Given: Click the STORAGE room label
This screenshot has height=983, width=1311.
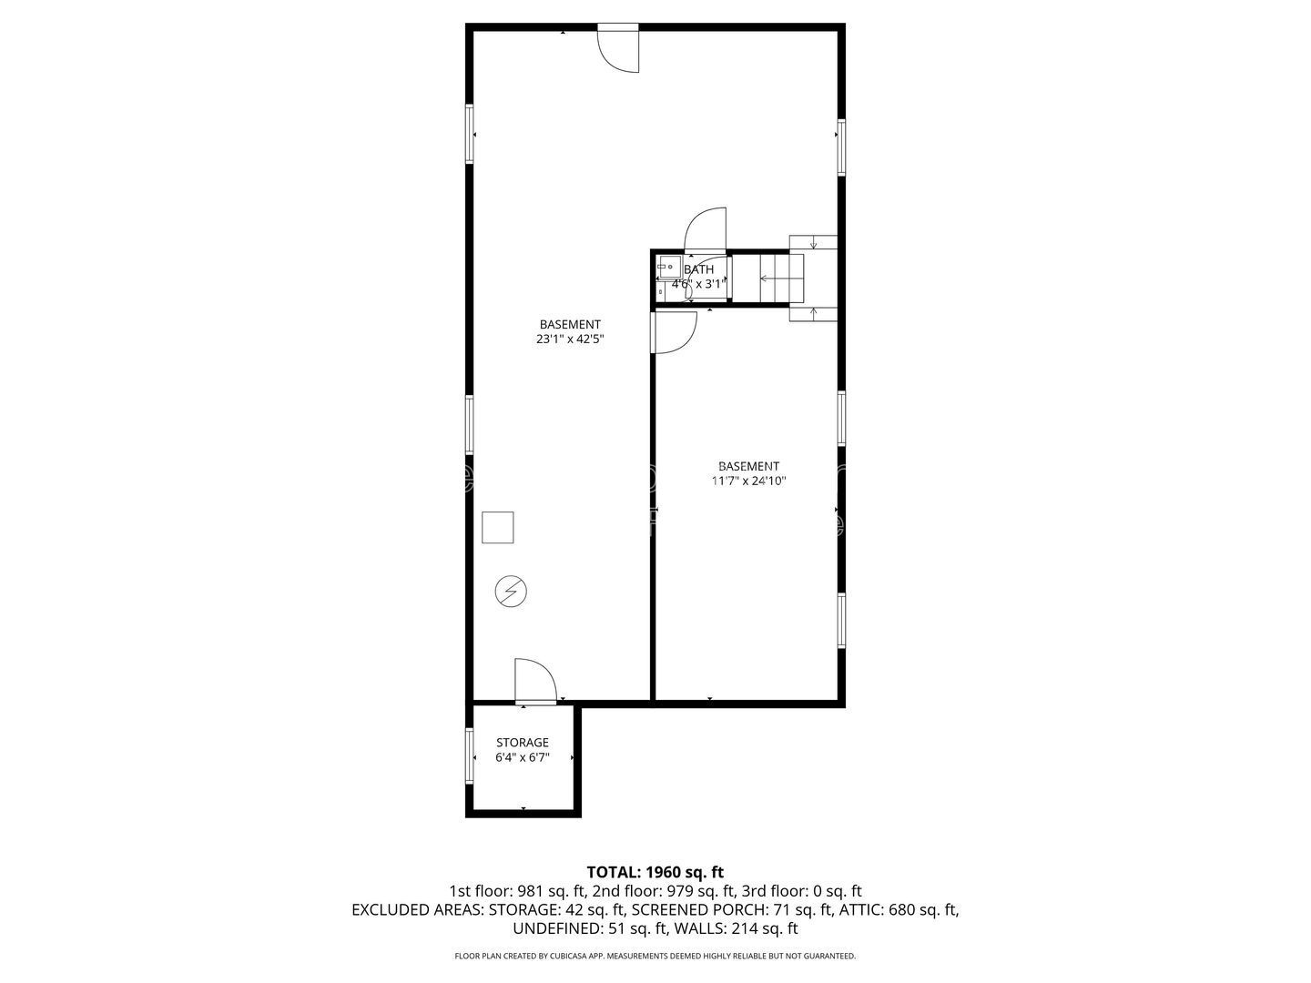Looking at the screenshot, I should pyautogui.click(x=522, y=743).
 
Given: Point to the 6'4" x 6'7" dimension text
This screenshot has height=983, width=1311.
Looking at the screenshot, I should pyautogui.click(x=522, y=758).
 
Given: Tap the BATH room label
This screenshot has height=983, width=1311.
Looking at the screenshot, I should pyautogui.click(x=698, y=269).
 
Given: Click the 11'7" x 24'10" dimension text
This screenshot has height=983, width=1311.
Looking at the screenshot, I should pyautogui.click(x=748, y=481).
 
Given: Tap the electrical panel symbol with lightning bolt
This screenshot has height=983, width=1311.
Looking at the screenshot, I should pyautogui.click(x=510, y=592).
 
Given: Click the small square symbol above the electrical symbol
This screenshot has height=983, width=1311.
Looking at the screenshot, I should pyautogui.click(x=497, y=528).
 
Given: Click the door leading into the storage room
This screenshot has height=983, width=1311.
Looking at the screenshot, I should pyautogui.click(x=535, y=683).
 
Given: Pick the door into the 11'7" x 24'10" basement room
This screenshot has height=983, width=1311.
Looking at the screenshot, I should pyautogui.click(x=674, y=331).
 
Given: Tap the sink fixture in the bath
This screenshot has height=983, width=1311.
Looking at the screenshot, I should pyautogui.click(x=666, y=267).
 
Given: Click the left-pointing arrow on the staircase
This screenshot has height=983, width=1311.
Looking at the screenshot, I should pyautogui.click(x=770, y=278).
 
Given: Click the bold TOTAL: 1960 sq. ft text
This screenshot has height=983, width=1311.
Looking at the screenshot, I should pyautogui.click(x=655, y=872).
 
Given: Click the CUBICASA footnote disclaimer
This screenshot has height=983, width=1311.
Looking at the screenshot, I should pyautogui.click(x=655, y=957).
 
